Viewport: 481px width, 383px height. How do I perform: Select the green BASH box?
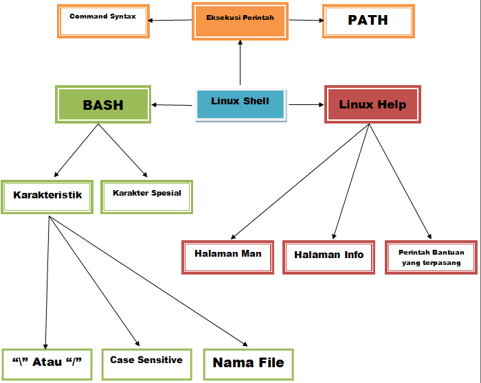103,105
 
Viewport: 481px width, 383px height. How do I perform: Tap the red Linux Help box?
372,105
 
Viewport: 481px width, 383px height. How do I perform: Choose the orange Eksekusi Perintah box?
240,21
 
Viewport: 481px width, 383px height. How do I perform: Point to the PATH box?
368,21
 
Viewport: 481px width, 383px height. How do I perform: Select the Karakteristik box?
47,196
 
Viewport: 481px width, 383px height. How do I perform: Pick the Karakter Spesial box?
146,196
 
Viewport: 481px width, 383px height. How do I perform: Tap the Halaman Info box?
328,257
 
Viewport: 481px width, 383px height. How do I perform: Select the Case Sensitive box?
146,362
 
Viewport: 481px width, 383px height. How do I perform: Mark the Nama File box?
248,364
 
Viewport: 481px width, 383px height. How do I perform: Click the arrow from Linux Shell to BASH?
172,105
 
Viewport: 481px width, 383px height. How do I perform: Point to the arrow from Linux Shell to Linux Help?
306,105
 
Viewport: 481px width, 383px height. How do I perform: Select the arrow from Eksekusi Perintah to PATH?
305,20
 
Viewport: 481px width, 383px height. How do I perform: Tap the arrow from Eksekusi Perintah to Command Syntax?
170,19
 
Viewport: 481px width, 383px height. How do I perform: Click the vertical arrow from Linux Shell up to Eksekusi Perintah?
240,63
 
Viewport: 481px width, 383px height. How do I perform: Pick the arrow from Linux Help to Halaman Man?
301,182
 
